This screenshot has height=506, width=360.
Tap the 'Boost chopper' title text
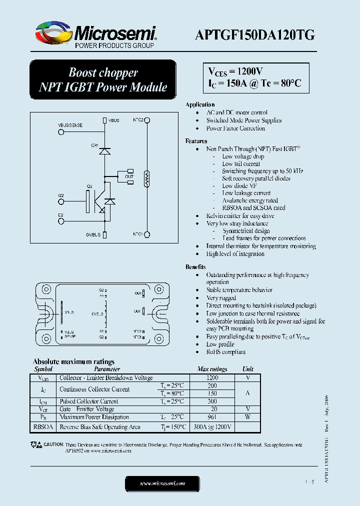click(103, 72)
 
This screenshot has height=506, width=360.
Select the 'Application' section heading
click(200, 104)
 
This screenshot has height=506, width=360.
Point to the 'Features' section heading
click(196, 141)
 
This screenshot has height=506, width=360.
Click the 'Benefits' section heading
click(195, 267)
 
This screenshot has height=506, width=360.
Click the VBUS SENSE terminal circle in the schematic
click(61, 132)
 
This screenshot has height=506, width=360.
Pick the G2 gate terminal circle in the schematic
click(61, 201)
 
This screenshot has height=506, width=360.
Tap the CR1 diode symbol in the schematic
click(104, 151)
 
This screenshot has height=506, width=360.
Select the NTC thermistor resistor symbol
click(147, 177)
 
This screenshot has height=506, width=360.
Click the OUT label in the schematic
click(129, 176)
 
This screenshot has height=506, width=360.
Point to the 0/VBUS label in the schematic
click(93, 234)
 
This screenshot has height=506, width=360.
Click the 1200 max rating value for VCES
click(212, 378)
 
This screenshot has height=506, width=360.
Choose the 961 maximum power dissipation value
click(212, 417)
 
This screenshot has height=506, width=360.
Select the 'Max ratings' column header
click(212, 369)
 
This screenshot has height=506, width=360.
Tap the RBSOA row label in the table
click(43, 427)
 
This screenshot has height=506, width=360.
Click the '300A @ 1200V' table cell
click(212, 427)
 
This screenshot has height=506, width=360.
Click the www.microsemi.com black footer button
click(162, 483)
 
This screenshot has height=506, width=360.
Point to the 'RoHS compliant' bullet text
click(226, 352)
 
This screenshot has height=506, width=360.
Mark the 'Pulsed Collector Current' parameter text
click(89, 401)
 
